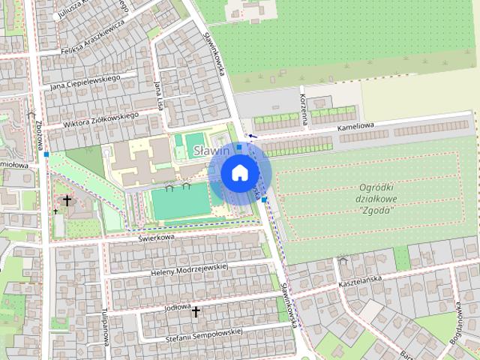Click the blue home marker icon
coord(239,172)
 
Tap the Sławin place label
coord(210,151)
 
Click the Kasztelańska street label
coord(361,278)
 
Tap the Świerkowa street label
coord(156,238)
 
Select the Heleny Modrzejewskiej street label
coord(188,270)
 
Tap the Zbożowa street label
coord(38,133)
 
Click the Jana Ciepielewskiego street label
coord(85,81)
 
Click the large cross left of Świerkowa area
coord(67,200)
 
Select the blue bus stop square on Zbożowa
coord(46,154)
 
